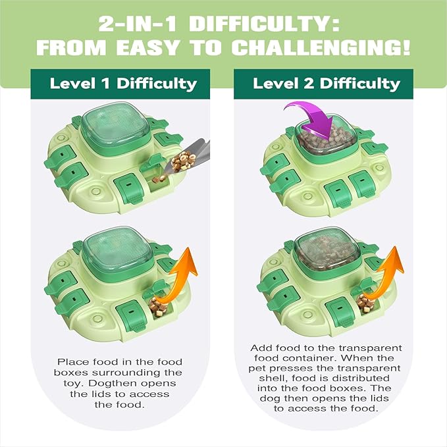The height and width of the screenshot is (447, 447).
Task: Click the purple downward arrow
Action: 310,119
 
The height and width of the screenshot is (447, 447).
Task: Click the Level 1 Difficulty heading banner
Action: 123,84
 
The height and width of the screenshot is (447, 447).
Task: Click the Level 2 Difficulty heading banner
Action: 326,84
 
